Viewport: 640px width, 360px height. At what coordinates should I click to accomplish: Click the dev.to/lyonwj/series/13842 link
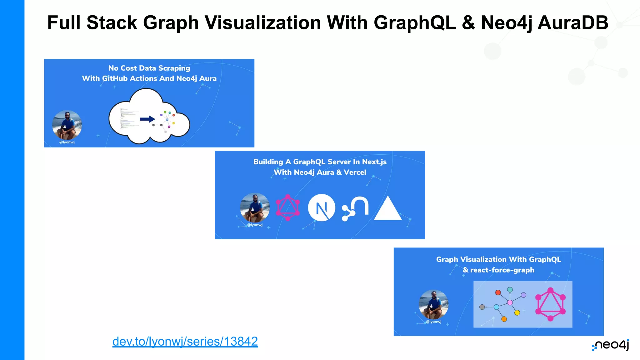[185, 342]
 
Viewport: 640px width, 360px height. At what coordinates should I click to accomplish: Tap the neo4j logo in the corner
[610, 345]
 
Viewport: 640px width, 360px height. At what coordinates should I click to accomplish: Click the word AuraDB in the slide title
[572, 23]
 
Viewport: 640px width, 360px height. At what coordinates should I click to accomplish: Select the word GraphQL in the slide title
[414, 23]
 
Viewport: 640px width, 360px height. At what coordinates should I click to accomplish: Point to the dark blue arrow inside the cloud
[147, 119]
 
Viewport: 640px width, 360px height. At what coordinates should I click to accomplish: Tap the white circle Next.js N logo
[322, 208]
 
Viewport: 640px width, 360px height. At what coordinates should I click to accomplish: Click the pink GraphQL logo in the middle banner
[288, 208]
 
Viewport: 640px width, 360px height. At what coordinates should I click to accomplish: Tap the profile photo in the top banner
[67, 125]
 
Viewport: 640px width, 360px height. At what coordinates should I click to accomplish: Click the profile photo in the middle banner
[255, 207]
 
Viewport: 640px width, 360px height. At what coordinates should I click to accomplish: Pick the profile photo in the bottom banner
[433, 304]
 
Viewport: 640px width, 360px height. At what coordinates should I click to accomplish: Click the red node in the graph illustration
[498, 292]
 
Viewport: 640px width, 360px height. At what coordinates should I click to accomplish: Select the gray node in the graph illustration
[482, 307]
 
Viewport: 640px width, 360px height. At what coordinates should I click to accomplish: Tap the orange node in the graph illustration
[504, 319]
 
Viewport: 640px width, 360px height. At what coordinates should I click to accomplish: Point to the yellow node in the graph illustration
[517, 313]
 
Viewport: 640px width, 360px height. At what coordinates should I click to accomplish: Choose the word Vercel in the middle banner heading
[355, 172]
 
